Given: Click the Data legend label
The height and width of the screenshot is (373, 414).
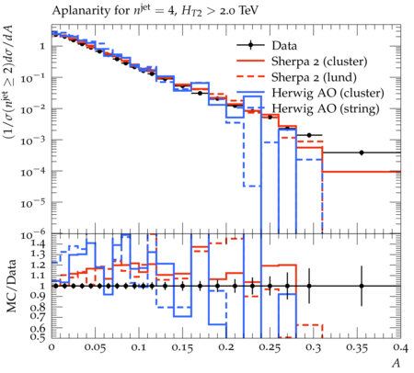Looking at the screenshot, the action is (284, 46).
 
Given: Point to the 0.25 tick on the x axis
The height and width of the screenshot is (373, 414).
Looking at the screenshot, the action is (270, 347).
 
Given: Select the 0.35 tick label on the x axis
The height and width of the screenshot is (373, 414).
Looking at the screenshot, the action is (357, 347).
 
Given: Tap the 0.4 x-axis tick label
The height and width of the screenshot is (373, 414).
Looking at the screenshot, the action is (400, 347).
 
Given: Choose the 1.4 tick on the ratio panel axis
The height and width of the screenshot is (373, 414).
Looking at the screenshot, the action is (38, 243).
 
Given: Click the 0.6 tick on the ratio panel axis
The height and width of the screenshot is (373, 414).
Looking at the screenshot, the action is (38, 328).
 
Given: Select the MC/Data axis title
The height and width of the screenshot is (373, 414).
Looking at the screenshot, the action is (11, 286).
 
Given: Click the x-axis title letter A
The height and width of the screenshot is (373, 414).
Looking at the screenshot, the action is (397, 363).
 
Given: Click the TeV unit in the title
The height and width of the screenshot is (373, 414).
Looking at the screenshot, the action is (248, 10).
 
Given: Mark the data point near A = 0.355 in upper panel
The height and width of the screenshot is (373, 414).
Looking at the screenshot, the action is (362, 153).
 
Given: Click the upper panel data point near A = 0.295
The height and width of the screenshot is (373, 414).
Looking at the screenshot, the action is (309, 135).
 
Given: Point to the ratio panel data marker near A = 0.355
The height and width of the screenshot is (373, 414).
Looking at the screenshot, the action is (362, 286).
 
